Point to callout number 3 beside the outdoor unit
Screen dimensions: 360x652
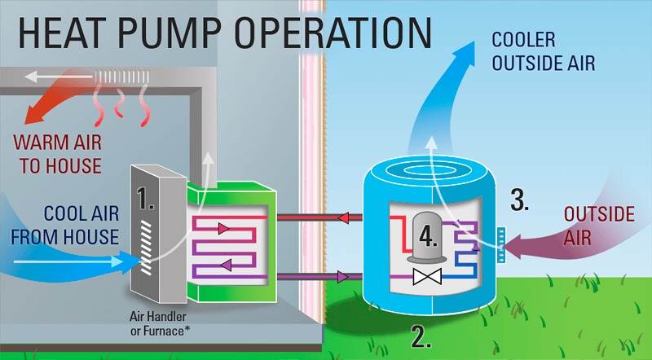(518, 198)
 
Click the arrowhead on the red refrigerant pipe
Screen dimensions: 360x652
(344, 217)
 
